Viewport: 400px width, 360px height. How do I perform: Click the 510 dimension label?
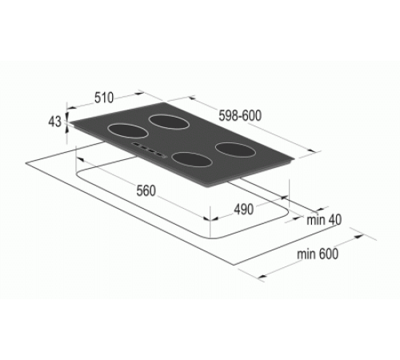click(x=103, y=98)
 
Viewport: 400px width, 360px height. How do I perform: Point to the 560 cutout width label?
click(x=145, y=191)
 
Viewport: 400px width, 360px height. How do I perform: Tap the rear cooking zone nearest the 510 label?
click(x=170, y=122)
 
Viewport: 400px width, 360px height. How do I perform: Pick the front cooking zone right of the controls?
click(x=190, y=159)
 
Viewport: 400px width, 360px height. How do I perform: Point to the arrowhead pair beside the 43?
click(x=68, y=122)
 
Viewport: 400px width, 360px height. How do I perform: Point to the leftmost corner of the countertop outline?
click(x=26, y=166)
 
